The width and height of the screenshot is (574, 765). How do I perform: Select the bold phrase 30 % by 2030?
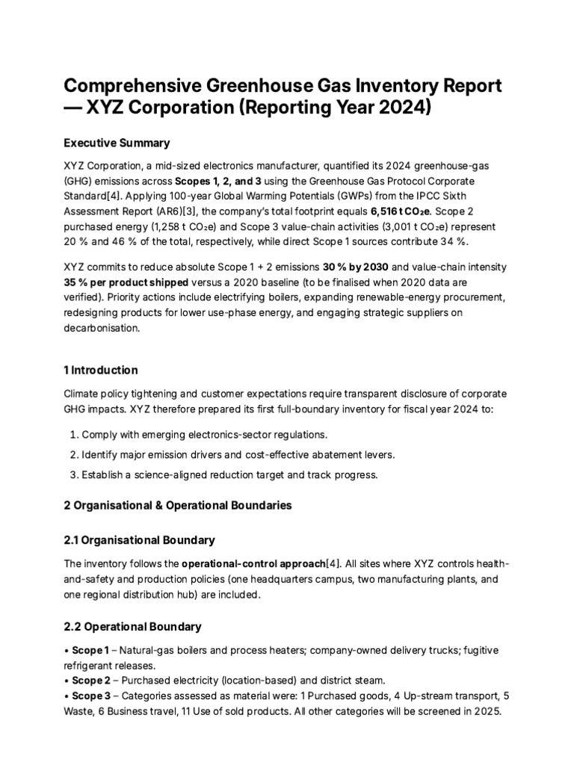click(x=357, y=267)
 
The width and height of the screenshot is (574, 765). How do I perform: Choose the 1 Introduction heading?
click(x=101, y=370)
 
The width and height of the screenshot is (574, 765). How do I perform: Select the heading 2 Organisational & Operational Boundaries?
click(x=178, y=506)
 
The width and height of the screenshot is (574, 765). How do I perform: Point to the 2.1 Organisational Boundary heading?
click(x=140, y=539)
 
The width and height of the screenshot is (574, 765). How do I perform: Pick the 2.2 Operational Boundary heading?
click(x=132, y=626)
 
